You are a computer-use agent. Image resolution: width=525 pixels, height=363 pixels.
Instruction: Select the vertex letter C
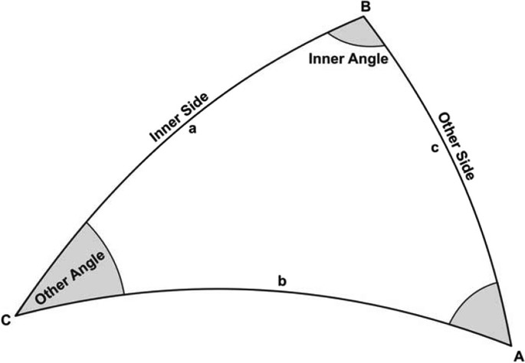[7, 320]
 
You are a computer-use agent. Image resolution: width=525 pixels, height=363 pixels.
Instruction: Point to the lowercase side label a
[193, 129]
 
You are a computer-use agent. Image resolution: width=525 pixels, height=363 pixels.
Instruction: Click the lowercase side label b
[282, 281]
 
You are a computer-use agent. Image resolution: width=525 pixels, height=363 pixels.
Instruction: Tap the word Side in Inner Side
[200, 106]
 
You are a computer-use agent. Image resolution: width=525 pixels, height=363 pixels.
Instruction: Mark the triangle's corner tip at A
[508, 342]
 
